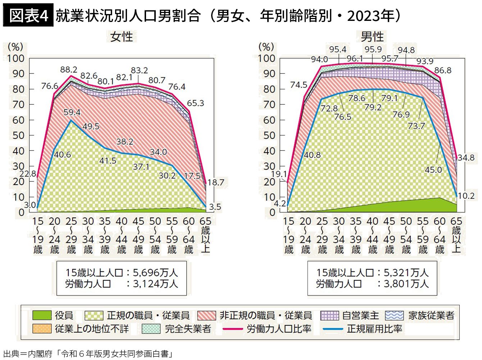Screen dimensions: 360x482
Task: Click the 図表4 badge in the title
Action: coord(28,15)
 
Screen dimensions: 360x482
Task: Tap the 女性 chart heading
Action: coord(122,37)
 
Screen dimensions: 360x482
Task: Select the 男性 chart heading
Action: coord(372,37)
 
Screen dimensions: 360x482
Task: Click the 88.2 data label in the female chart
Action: coord(68,69)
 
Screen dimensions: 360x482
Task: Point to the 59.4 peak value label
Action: coord(72,112)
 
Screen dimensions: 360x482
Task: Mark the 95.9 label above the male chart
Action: coord(373,49)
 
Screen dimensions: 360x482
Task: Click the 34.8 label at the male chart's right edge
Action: coord(466,158)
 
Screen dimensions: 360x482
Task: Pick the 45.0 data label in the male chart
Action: coord(433,170)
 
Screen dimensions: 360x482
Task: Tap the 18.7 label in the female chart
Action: coord(215,183)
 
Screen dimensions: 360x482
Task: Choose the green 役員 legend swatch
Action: coord(42,316)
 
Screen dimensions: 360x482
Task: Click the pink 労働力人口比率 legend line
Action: coord(233,329)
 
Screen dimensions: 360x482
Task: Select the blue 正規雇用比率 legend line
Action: coord(333,329)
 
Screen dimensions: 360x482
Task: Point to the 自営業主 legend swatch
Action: coord(329,316)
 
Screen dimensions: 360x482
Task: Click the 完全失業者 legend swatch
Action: coord(151,329)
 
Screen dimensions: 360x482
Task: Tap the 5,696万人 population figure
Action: coord(155,273)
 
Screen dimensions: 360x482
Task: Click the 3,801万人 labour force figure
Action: coord(406,284)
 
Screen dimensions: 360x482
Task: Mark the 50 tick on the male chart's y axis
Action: coord(269,135)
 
